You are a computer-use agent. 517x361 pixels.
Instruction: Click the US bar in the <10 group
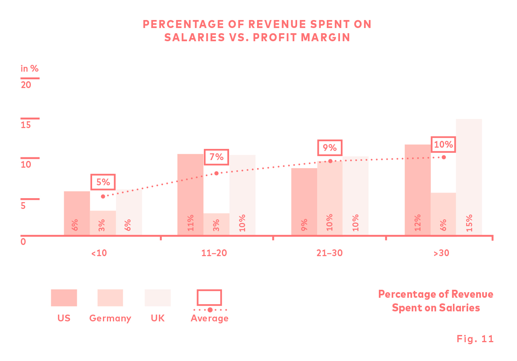click(x=77, y=213)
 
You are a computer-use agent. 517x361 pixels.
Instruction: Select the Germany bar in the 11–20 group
click(x=216, y=224)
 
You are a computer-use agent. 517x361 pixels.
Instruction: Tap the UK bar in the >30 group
click(x=469, y=177)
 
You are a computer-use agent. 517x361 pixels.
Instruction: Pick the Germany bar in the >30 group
click(x=443, y=214)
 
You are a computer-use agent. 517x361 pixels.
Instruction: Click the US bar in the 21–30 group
click(x=304, y=201)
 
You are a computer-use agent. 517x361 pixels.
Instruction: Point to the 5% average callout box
click(x=103, y=182)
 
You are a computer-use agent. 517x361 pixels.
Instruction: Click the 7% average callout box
click(x=216, y=156)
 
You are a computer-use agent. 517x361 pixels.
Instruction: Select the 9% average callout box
click(x=330, y=148)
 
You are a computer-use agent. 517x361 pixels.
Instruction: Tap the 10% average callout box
click(x=443, y=144)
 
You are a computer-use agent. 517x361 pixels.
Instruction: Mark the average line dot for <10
click(x=103, y=196)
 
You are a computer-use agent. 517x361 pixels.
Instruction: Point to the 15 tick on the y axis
click(x=30, y=118)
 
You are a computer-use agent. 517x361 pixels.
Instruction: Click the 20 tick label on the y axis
click(x=26, y=85)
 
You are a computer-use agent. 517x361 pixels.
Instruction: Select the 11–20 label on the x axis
click(x=216, y=253)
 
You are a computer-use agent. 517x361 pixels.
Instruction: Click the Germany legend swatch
click(x=110, y=298)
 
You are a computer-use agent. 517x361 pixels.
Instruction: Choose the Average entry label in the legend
click(x=209, y=319)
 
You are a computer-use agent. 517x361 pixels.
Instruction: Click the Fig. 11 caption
click(x=475, y=339)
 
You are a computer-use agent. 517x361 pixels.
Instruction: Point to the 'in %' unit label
click(x=30, y=68)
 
